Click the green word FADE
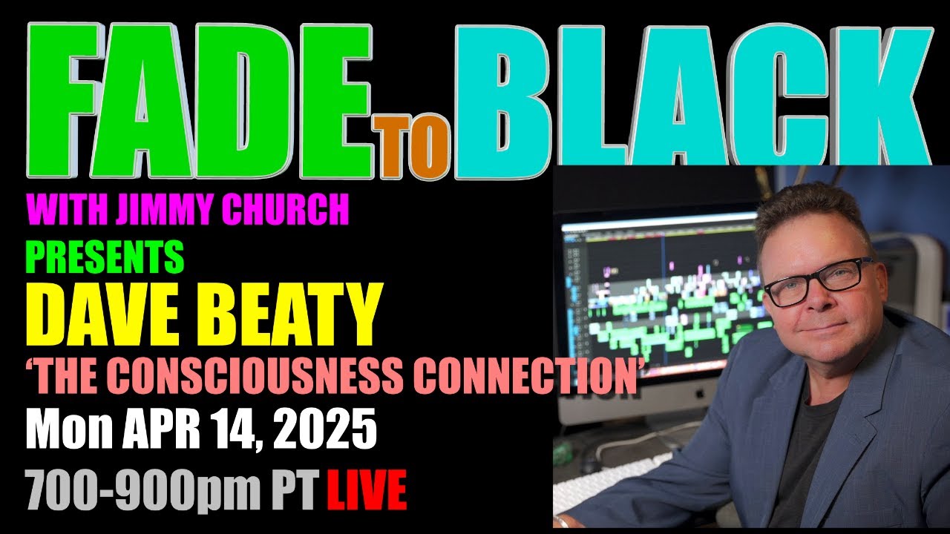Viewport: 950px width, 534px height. tap(200, 101)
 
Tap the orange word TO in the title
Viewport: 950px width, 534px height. tap(410, 146)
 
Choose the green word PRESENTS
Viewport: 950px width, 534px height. tap(105, 257)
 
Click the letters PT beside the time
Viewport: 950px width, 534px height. tap(295, 489)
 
